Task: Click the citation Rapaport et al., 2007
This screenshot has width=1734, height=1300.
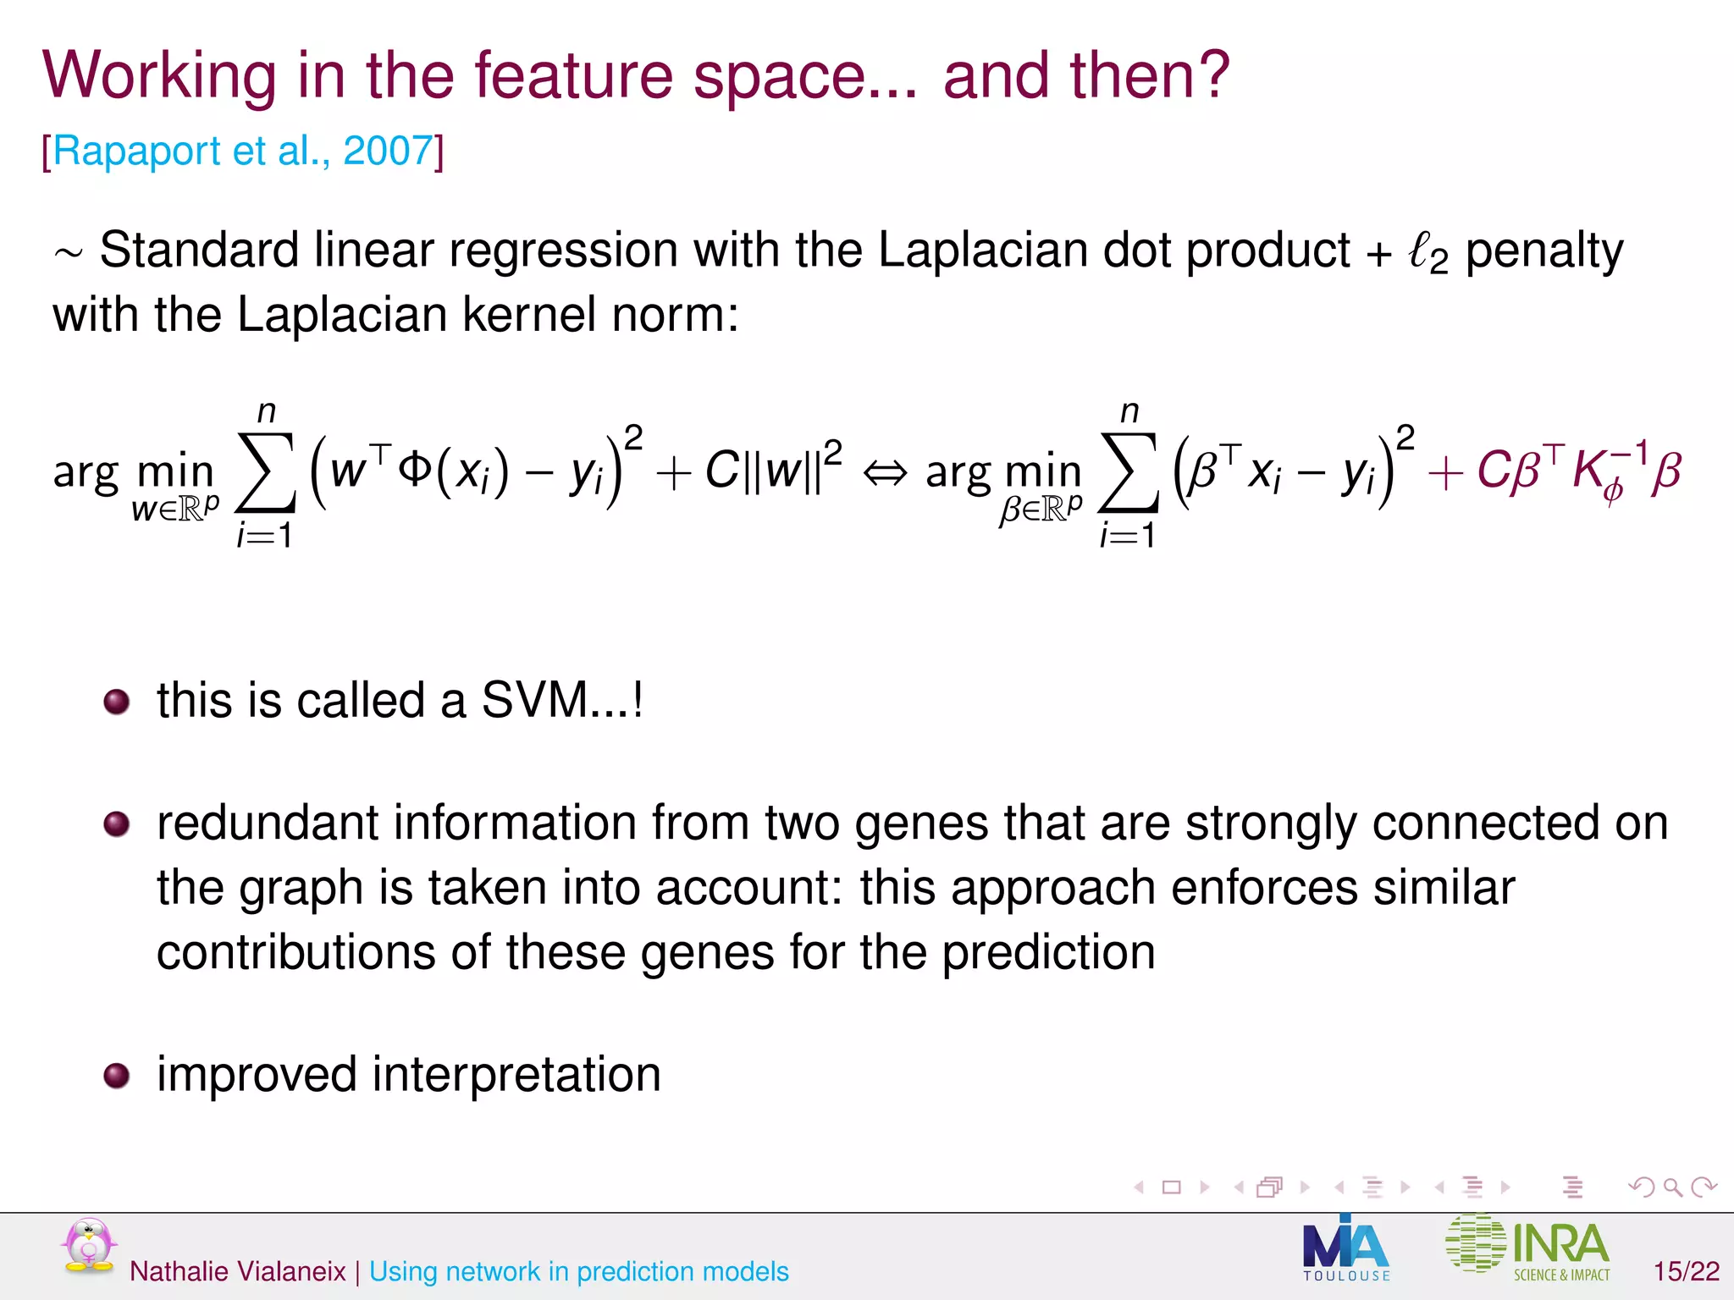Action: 243,151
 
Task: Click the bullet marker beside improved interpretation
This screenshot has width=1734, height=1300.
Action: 116,1076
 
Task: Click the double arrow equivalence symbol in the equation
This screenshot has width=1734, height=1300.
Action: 884,473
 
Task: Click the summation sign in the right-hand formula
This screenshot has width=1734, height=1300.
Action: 1129,473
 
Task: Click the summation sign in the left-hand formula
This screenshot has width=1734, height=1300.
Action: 266,473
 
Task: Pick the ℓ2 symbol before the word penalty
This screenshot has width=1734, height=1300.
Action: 1428,251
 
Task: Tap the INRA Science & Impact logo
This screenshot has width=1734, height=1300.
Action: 1529,1247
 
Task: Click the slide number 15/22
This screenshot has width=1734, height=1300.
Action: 1686,1270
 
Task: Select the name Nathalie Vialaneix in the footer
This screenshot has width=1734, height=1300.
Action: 238,1271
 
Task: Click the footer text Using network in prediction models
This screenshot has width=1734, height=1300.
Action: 579,1271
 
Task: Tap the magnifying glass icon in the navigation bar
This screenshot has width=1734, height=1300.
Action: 1672,1187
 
